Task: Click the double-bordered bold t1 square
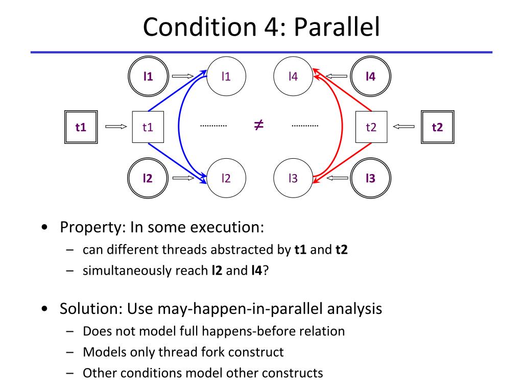81,127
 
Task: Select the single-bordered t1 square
148,127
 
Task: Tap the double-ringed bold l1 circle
148,77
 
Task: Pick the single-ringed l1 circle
226,77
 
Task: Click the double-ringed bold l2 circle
148,178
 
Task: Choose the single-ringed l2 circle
226,178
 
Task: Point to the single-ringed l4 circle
293,77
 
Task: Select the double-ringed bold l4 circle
371,77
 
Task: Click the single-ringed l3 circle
293,178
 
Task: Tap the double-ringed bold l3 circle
371,178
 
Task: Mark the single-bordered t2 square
371,127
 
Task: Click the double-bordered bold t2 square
437,127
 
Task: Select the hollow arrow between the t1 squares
115,127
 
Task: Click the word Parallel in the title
337,28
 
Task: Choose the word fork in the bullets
224,352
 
